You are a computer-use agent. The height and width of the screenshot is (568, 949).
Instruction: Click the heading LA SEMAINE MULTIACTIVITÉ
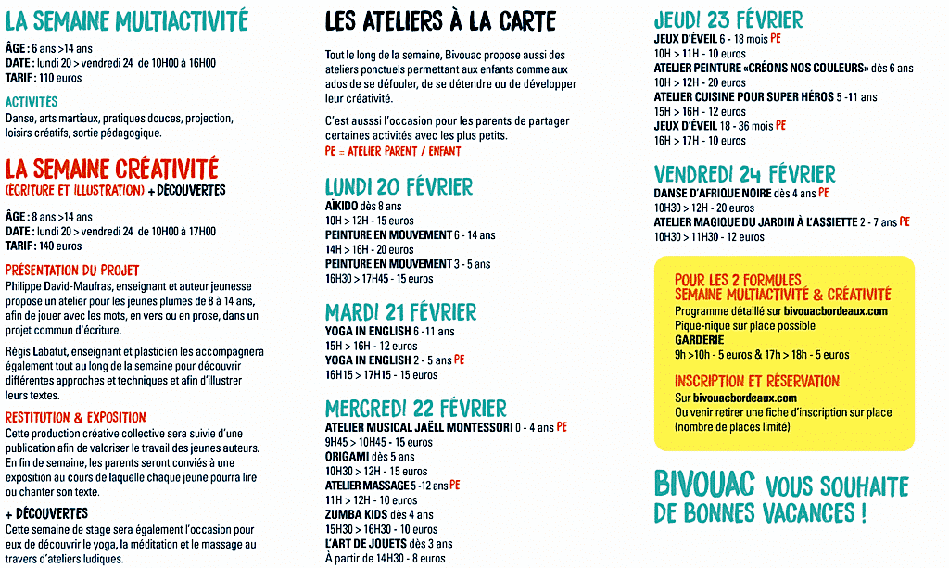click(x=127, y=19)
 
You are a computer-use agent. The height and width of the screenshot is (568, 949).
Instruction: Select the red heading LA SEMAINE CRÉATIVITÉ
click(x=112, y=170)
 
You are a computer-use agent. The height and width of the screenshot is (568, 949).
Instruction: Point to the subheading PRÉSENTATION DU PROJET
click(x=72, y=270)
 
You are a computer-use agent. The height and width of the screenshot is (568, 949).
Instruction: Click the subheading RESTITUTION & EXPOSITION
click(x=75, y=418)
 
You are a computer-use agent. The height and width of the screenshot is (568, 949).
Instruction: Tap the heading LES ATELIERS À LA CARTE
click(x=440, y=20)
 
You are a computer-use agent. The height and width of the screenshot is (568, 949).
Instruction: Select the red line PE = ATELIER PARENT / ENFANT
click(x=392, y=151)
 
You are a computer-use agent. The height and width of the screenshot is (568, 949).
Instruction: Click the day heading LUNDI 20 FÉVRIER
click(x=399, y=187)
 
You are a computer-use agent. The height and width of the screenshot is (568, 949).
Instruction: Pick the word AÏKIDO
click(x=344, y=206)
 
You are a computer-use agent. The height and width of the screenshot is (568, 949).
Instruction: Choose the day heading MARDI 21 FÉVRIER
click(x=400, y=312)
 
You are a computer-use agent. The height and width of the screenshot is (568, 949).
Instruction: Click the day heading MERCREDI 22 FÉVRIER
click(x=416, y=409)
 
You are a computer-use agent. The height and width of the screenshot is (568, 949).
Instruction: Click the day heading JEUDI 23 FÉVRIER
click(x=728, y=20)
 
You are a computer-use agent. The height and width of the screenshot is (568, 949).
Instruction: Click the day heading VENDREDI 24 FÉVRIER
click(x=744, y=174)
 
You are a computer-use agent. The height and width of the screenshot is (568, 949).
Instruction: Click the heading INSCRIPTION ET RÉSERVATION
click(x=757, y=382)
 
